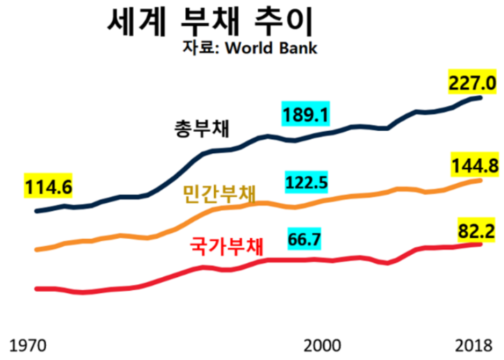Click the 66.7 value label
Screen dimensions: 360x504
click(x=304, y=240)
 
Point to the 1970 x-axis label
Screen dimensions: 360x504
click(x=29, y=344)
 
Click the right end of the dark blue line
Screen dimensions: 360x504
click(x=480, y=97)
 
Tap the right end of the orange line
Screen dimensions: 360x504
click(x=480, y=180)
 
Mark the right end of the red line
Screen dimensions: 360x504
click(x=480, y=244)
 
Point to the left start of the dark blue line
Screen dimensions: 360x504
click(x=36, y=210)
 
